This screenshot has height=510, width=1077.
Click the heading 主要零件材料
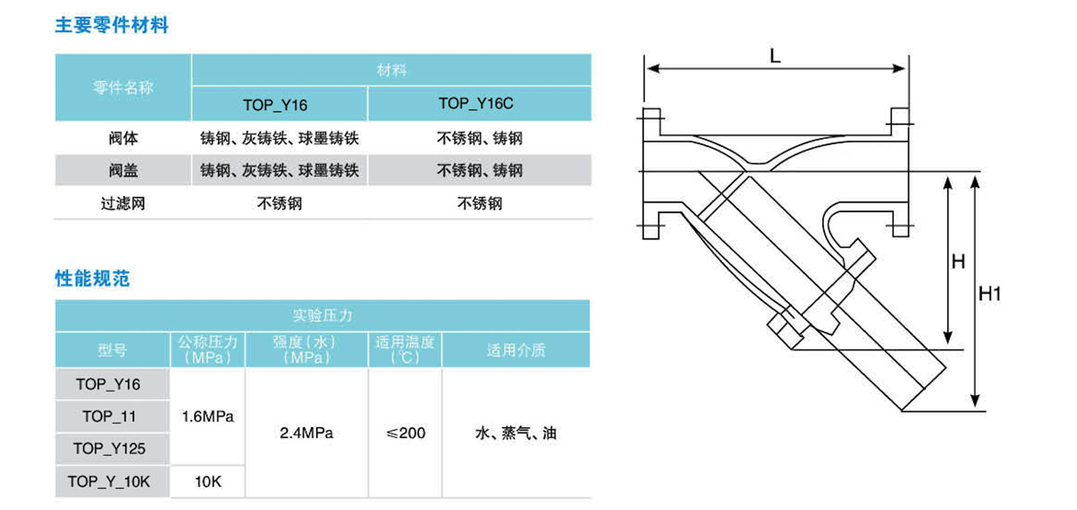[x=112, y=25]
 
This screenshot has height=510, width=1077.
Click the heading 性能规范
[x=92, y=279]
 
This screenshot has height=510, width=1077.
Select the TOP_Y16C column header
[x=476, y=104]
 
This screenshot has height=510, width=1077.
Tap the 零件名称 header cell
[x=123, y=87]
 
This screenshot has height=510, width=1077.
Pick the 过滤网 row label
[x=123, y=203]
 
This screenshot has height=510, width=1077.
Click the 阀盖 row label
[x=123, y=171]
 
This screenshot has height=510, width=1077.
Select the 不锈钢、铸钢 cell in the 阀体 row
[x=480, y=138]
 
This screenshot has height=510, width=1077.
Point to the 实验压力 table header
[x=323, y=316]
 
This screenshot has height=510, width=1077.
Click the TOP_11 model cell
[x=109, y=416]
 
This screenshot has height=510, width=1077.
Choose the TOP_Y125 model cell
[x=109, y=449]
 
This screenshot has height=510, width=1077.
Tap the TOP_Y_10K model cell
[x=109, y=482]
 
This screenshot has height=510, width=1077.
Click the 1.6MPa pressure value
[x=207, y=416]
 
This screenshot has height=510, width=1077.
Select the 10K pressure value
[x=207, y=482]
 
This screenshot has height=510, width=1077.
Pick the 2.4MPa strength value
[x=306, y=433]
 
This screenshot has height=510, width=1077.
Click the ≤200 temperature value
[x=405, y=433]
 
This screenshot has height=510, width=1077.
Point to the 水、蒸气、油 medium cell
[x=516, y=433]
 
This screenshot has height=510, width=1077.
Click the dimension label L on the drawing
[x=775, y=56]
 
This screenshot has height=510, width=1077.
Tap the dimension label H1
[x=990, y=294]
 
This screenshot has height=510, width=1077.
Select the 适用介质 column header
[x=516, y=350]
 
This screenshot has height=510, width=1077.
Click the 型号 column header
[x=112, y=350]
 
